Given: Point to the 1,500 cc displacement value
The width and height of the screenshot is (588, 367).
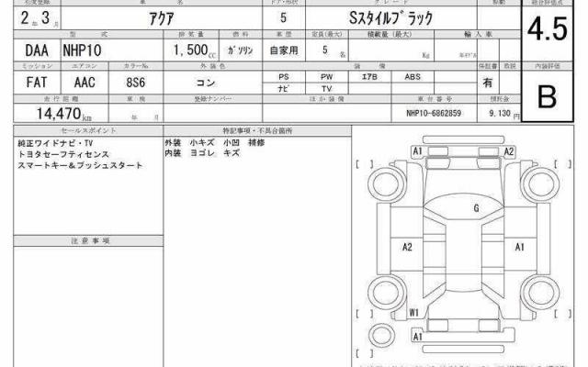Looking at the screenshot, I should [x=195, y=52].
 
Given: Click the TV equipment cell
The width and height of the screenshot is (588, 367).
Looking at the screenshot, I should [x=326, y=89].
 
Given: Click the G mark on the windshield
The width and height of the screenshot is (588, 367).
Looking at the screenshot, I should [x=476, y=209].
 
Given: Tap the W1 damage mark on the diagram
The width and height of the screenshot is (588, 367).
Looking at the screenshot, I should [x=414, y=312].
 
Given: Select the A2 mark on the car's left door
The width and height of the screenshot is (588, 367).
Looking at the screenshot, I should [x=408, y=247].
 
